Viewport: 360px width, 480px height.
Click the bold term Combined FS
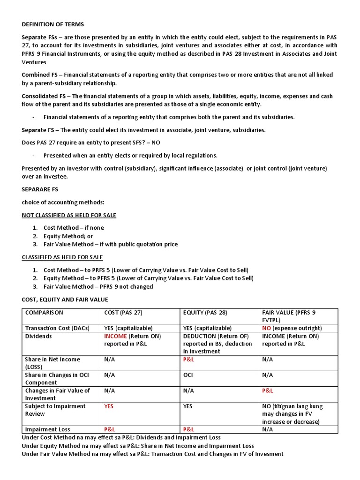point(40,75)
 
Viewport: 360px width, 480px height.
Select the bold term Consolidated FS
point(45,96)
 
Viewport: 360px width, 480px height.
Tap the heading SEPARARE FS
point(40,189)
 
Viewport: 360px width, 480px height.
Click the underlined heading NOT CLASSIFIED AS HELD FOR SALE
point(69,215)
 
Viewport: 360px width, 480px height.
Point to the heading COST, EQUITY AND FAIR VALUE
point(65,300)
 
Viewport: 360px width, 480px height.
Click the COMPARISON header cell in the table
point(44,313)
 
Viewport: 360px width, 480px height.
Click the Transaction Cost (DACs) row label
point(57,328)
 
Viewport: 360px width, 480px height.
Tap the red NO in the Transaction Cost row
point(267,328)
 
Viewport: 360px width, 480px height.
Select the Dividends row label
point(38,336)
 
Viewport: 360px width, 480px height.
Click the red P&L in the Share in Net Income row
point(189,360)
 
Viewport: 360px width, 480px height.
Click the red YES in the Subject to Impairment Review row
point(109,406)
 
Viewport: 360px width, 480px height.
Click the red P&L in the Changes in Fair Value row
point(268,390)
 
